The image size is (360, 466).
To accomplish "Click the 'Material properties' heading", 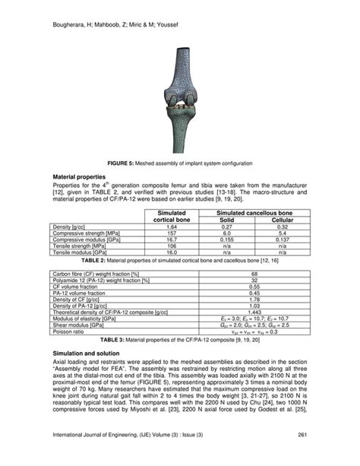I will click(x=81, y=175).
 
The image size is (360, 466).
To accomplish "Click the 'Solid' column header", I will click(x=226, y=220).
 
